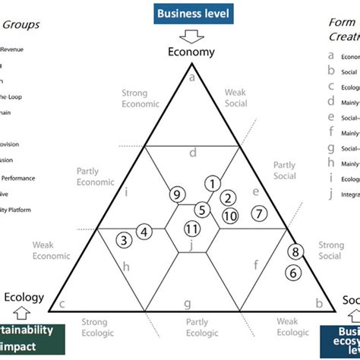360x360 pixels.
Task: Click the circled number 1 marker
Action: [213, 182]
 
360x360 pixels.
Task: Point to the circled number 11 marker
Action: [192, 229]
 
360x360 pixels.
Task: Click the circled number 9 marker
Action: [177, 194]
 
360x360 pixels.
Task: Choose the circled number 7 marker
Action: [258, 213]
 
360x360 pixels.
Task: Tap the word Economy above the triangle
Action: [191, 52]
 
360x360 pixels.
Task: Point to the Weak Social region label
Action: [241, 98]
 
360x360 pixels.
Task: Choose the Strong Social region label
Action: [330, 251]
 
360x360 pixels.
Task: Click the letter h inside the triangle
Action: [126, 266]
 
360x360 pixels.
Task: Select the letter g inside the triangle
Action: [187, 304]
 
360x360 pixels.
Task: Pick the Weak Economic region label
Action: [51, 251]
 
